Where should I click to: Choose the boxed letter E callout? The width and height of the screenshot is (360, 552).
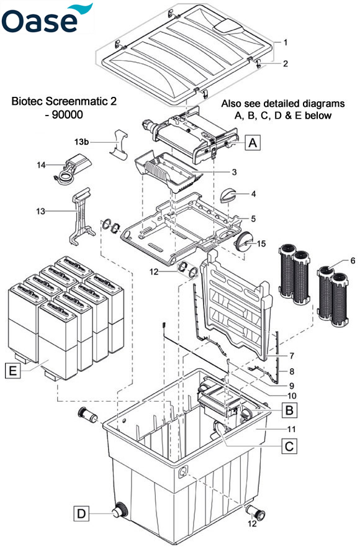click(12, 372)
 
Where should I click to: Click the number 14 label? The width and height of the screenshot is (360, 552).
click(42, 165)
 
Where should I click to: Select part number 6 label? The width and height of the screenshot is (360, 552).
click(353, 261)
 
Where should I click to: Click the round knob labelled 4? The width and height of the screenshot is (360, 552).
click(227, 196)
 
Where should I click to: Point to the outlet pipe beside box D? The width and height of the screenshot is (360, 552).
click(117, 513)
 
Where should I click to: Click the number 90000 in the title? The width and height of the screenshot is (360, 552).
click(70, 115)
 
